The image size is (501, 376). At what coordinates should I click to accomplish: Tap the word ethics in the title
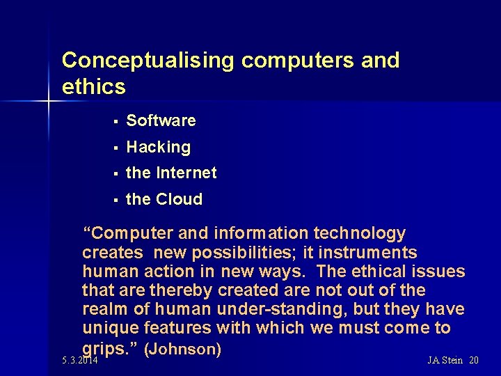click(x=94, y=87)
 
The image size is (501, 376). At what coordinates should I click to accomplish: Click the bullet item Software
click(x=161, y=120)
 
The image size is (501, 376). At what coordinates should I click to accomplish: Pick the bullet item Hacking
click(x=158, y=147)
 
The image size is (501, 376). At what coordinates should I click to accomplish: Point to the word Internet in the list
click(x=186, y=173)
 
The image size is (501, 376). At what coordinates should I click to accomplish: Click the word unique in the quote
click(x=106, y=327)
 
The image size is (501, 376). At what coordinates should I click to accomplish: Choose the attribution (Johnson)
click(x=182, y=347)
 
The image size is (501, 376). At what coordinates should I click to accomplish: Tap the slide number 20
click(x=474, y=360)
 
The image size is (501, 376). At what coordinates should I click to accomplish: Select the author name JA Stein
click(x=445, y=360)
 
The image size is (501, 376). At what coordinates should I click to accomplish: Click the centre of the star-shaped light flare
click(x=49, y=102)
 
